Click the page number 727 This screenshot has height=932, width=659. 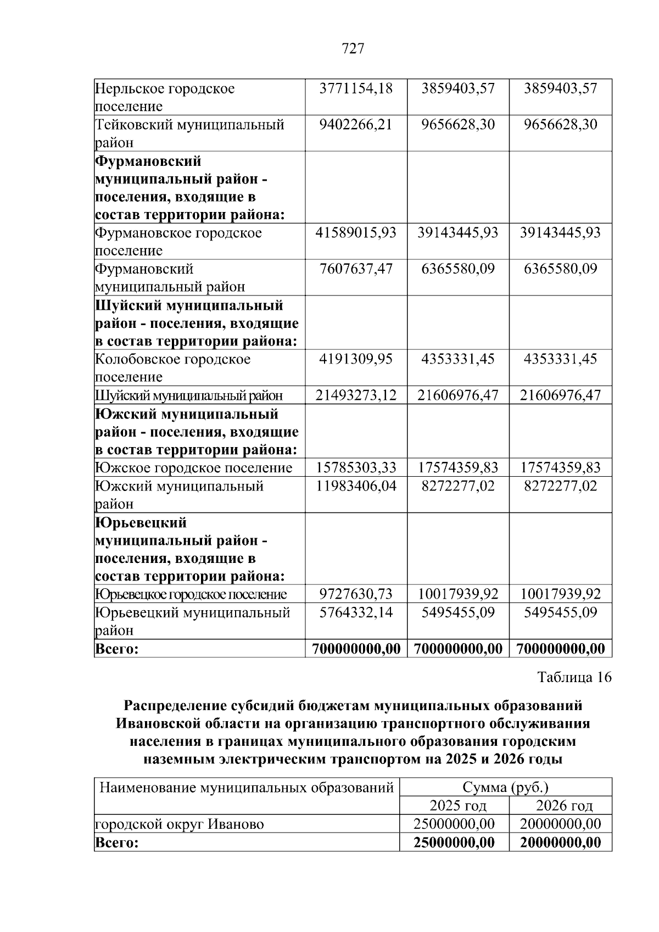353,49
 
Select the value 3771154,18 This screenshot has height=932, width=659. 356,88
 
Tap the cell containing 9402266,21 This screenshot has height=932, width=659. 356,125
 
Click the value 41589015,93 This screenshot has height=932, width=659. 356,233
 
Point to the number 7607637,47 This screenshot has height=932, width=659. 356,269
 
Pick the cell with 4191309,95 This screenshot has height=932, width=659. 356,359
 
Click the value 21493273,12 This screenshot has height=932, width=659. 356,395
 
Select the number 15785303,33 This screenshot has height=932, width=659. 356,467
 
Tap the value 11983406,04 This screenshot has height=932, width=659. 356,486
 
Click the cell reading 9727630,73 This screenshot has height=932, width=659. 356,594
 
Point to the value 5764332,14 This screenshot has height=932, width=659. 356,612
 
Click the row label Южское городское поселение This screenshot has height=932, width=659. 194,467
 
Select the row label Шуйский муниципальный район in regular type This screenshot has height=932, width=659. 189,395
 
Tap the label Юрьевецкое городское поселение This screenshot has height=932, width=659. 191,594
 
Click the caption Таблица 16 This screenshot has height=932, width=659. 574,677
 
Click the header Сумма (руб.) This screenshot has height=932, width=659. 505,788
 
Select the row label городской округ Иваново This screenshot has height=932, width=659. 180,824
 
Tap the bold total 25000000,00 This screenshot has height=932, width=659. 454,842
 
